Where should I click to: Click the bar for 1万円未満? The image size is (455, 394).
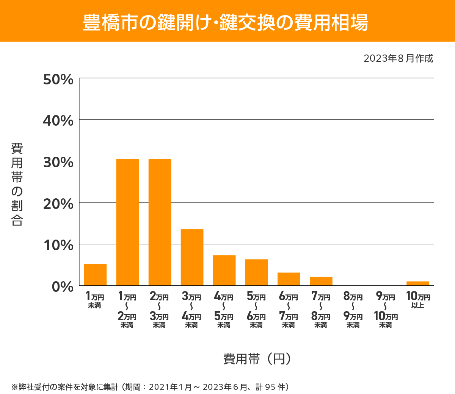click(x=95, y=274)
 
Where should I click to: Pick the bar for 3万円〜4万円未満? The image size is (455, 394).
click(x=192, y=257)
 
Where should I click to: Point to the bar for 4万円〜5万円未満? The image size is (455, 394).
click(x=224, y=270)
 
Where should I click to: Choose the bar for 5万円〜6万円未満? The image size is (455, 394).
click(x=256, y=272)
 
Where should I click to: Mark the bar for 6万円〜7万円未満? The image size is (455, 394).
click(x=289, y=279)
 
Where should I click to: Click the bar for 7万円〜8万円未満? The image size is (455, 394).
click(x=321, y=281)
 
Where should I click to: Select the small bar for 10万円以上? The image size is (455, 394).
click(x=417, y=283)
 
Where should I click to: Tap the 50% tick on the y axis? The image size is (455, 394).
click(x=58, y=79)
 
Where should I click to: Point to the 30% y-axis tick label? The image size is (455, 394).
click(x=58, y=162)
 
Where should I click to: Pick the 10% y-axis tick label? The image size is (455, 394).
click(x=58, y=245)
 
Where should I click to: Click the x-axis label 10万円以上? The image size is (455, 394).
click(x=418, y=300)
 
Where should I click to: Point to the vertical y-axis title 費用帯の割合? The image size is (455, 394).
click(x=17, y=184)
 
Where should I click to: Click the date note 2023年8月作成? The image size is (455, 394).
click(x=398, y=59)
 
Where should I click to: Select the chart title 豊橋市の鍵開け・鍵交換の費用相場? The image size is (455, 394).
click(x=226, y=22)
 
